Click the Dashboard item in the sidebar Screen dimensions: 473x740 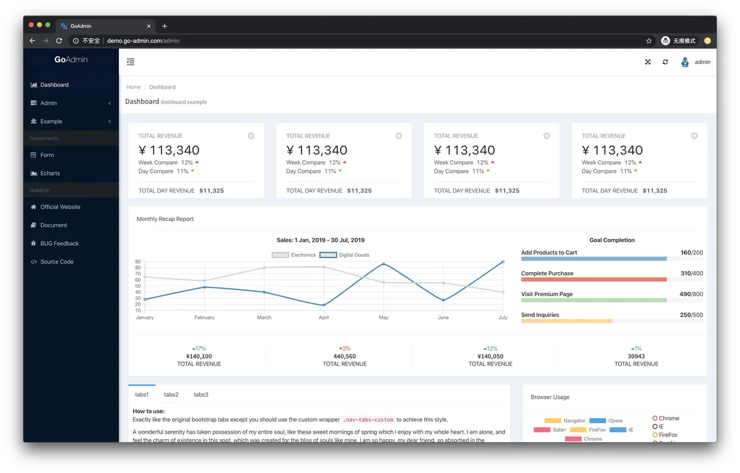54,85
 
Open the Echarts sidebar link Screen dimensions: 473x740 50,174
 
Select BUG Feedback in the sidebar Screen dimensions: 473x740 59,244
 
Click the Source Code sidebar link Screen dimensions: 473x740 57,262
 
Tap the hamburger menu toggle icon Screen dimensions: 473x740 131,62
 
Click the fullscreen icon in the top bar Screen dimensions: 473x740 648,62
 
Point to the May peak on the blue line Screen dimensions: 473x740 384,264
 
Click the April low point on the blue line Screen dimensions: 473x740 324,305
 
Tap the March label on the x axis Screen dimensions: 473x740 264,318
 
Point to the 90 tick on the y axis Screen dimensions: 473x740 138,262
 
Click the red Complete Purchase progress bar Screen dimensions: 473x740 593,280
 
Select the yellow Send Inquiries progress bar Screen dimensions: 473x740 566,321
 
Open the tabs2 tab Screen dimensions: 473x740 171,395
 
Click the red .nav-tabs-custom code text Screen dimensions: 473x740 368,420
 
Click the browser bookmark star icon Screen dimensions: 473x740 649,41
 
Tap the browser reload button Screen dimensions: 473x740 59,41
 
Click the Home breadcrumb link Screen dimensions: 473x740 133,87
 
